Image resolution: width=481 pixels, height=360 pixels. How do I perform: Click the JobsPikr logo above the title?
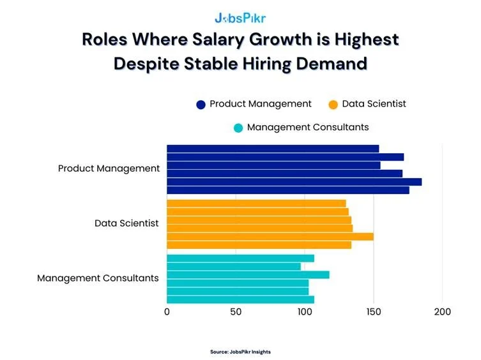(240, 17)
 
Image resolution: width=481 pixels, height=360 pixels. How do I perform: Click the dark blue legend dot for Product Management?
(201, 104)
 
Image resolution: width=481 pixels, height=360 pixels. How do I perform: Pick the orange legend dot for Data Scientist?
(333, 104)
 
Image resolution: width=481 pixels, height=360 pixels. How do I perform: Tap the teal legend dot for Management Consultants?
(238, 128)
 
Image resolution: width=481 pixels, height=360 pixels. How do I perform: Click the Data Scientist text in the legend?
(374, 103)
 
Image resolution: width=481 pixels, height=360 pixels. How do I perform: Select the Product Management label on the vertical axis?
(109, 169)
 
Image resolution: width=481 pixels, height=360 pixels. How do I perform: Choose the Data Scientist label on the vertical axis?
(126, 223)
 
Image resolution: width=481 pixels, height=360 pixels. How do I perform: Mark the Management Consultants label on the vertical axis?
(98, 278)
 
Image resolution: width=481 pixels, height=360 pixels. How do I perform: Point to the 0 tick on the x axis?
(167, 312)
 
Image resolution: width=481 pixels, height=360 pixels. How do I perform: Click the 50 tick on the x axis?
(236, 312)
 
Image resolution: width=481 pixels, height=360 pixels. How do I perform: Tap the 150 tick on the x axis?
(374, 312)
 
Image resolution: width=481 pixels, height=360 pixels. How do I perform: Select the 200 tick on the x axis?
(442, 312)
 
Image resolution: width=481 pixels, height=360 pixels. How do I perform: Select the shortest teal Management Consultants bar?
(233, 266)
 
